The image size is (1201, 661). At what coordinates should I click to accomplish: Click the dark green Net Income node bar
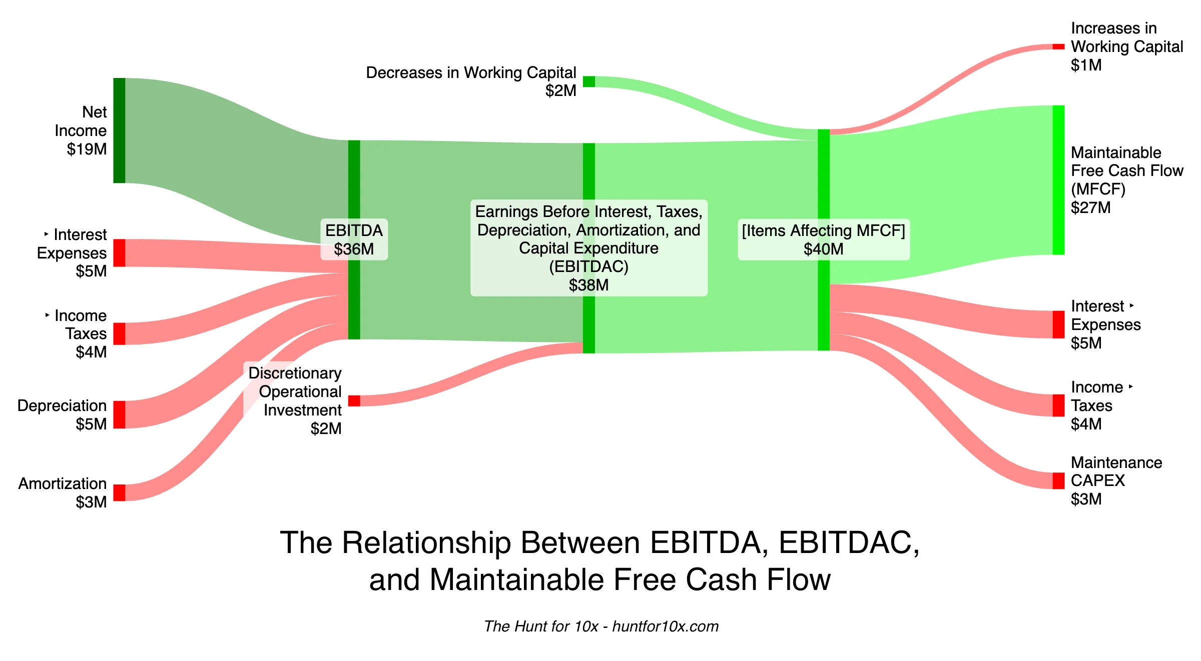tap(119, 130)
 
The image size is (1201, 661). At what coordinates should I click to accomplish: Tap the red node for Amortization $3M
tap(119, 492)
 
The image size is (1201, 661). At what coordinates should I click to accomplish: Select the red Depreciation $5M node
tap(119, 414)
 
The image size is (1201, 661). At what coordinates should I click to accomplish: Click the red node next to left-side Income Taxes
tap(119, 333)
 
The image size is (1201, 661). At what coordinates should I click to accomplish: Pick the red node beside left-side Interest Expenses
tap(119, 252)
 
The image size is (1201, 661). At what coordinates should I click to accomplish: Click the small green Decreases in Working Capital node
tap(588, 81)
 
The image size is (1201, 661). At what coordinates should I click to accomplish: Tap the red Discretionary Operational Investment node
tap(354, 400)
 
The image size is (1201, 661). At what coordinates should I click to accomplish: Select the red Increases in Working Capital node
tap(1058, 46)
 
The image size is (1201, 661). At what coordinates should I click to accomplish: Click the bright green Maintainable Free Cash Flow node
tap(1058, 180)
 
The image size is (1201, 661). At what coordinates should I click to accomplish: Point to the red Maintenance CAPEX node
tap(1058, 480)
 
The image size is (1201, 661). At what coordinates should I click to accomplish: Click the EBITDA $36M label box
tap(354, 239)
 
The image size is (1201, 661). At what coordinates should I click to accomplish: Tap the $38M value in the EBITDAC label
tap(588, 285)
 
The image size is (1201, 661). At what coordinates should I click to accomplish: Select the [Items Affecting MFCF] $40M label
tap(823, 239)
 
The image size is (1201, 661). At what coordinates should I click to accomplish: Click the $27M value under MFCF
tap(1090, 207)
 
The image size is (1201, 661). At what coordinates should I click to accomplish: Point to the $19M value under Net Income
tap(87, 149)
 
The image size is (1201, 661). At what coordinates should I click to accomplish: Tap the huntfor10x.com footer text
tap(665, 626)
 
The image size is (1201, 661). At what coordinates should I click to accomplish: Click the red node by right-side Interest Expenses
tap(1058, 324)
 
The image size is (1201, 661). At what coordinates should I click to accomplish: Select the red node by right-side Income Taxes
tap(1058, 405)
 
